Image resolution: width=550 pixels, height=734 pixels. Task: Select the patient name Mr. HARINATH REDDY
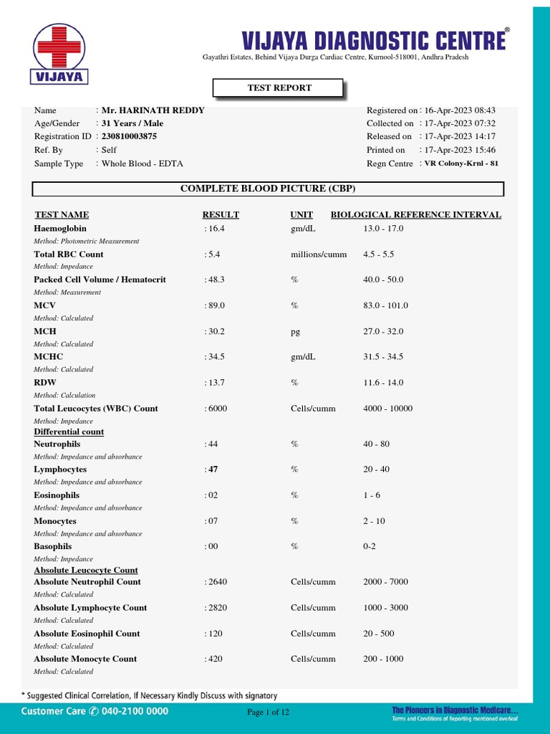click(x=153, y=110)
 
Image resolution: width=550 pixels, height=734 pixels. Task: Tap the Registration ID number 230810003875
click(x=129, y=136)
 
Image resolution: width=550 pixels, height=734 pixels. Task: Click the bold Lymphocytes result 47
click(x=213, y=470)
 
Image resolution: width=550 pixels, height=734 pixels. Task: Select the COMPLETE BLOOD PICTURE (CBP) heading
click(x=268, y=189)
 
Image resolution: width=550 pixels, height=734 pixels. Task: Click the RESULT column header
click(x=221, y=214)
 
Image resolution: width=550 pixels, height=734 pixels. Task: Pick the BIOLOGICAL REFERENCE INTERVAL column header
click(x=415, y=214)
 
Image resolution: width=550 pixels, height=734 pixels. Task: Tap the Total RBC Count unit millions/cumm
click(x=319, y=254)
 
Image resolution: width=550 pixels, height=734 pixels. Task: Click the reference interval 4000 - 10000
click(x=387, y=409)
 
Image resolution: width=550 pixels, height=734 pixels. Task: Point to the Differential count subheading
click(x=69, y=432)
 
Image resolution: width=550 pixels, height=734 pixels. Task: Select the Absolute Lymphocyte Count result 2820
click(x=216, y=608)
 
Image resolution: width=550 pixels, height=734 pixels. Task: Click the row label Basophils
click(x=53, y=546)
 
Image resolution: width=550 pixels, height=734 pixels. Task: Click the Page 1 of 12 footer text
click(x=268, y=712)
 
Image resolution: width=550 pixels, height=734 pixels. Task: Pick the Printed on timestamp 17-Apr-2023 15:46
click(x=460, y=150)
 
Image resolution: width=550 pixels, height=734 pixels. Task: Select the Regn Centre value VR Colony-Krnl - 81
click(x=461, y=163)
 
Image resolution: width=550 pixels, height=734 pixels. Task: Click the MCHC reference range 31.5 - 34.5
click(x=383, y=357)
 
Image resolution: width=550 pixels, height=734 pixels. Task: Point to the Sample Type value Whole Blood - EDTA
click(x=142, y=163)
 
